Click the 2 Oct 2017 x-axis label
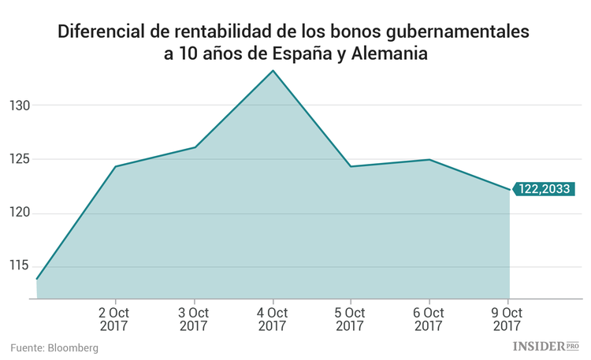115,317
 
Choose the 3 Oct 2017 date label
194,317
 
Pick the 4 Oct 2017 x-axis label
273,317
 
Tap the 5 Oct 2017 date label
351,317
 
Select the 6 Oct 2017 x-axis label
429,317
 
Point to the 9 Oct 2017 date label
508,317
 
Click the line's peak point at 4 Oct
273,71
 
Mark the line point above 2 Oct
116,166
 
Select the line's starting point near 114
37,279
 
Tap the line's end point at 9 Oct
509,189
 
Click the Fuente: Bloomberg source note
54,347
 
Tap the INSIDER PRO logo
546,346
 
